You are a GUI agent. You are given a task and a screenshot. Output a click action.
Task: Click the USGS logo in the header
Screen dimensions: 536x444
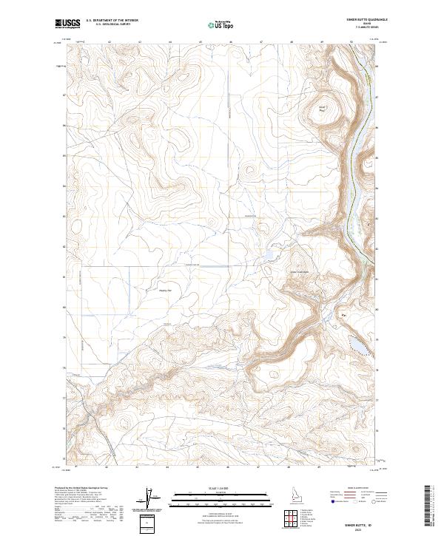click(x=67, y=25)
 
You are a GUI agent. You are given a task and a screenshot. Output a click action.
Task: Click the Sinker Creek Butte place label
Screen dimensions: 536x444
click(x=300, y=271)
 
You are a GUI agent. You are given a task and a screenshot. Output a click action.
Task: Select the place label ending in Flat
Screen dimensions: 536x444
click(x=165, y=290)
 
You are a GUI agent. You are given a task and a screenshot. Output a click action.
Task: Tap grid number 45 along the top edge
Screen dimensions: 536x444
click(x=201, y=42)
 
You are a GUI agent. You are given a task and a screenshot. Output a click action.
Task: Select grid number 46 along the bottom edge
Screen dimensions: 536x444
click(x=231, y=467)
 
